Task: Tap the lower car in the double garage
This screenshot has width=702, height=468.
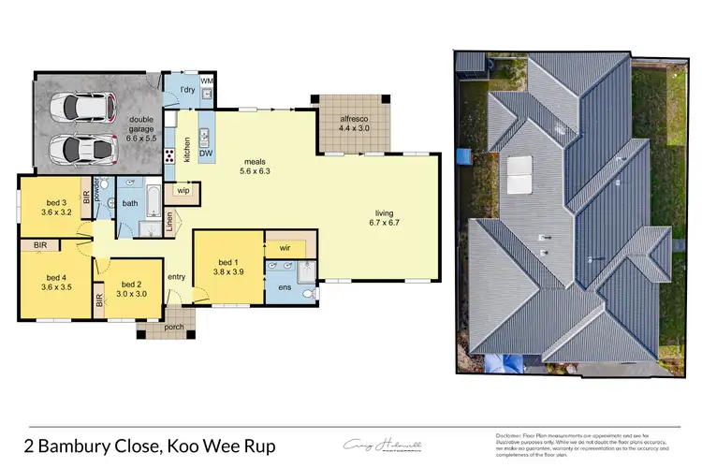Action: (72, 148)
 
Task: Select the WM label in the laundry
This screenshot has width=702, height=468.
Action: (207, 82)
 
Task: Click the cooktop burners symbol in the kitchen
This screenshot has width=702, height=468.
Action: (171, 157)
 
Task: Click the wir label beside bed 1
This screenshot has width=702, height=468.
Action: (283, 248)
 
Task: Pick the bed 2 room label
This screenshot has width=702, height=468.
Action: (132, 289)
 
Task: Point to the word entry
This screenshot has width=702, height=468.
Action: (176, 277)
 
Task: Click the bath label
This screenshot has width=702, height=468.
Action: (129, 202)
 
